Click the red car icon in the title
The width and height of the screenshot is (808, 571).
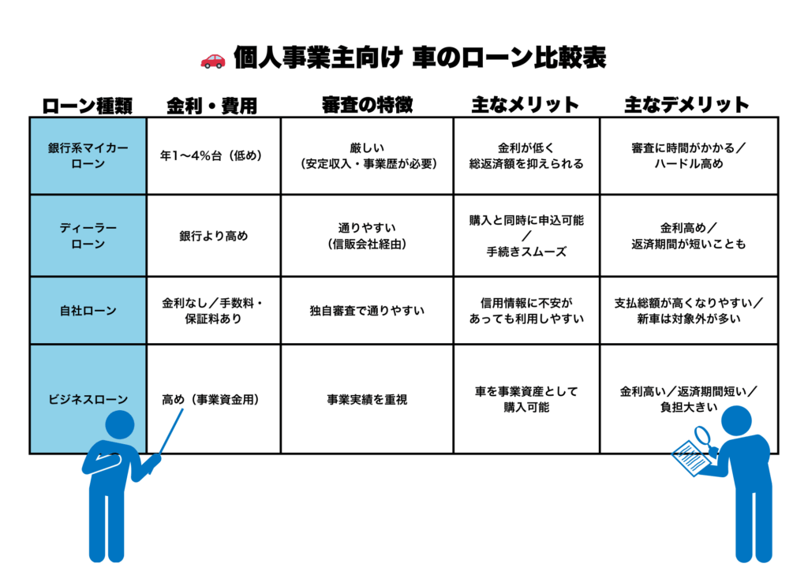(213, 61)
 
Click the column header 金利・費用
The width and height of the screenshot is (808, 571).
(211, 106)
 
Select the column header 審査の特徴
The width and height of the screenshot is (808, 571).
(367, 105)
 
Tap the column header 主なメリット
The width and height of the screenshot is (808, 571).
(525, 105)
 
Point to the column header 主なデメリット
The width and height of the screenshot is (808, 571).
(686, 105)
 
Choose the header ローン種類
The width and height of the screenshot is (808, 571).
(87, 106)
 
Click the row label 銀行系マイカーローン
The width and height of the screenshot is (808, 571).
(88, 155)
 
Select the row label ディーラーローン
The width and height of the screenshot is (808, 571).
(88, 236)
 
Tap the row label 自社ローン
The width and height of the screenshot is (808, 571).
(88, 311)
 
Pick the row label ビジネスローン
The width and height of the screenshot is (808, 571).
(88, 399)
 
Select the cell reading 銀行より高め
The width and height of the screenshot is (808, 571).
(213, 236)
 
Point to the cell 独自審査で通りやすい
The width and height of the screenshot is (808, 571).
(367, 311)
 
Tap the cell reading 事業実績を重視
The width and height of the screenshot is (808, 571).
(367, 399)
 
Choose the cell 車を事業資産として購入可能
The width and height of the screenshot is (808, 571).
(526, 399)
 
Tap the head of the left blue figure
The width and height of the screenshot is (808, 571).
(120, 425)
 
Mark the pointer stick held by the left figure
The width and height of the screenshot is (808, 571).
(171, 431)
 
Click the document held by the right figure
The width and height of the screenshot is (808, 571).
(693, 457)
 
